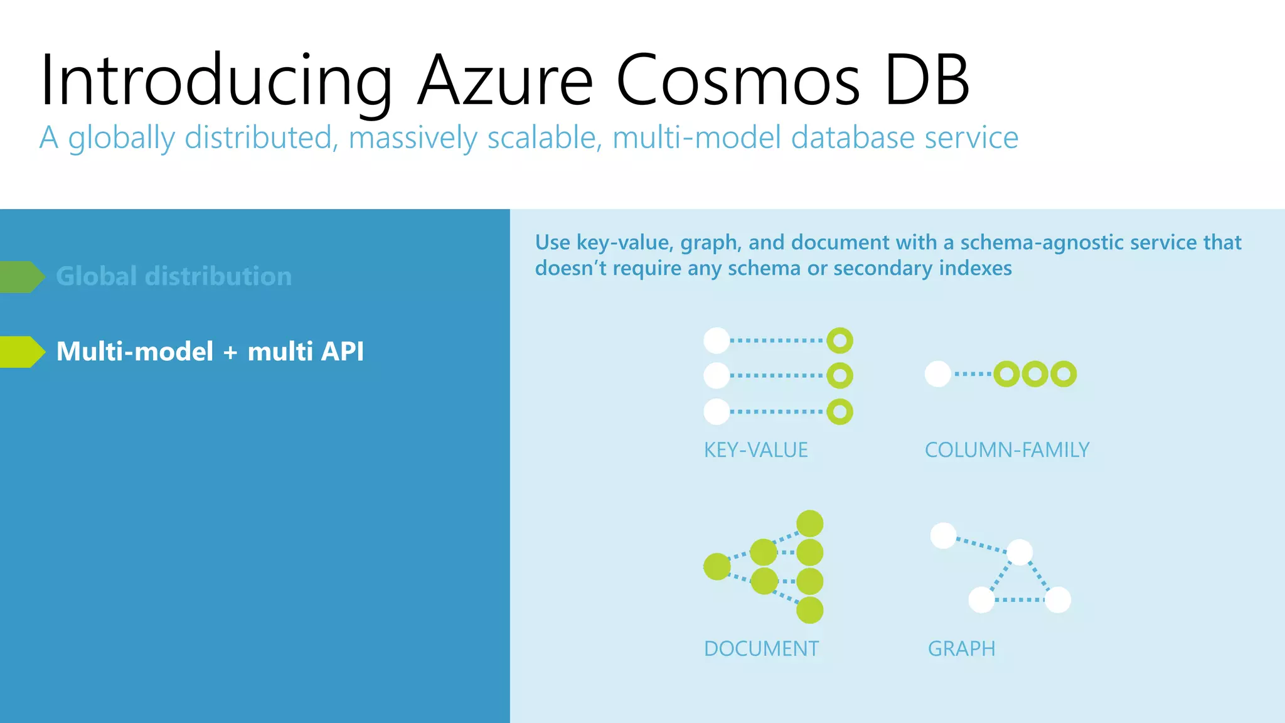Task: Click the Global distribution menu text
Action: point(174,277)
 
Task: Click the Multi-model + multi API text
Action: point(210,351)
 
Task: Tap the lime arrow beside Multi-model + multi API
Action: point(21,351)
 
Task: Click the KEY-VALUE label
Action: point(755,450)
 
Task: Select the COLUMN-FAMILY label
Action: point(1006,450)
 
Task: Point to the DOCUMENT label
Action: point(761,648)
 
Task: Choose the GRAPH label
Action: point(961,648)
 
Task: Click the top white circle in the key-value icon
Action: point(717,340)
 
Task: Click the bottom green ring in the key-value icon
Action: point(840,412)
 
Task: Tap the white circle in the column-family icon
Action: point(937,374)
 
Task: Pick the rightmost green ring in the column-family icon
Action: point(1064,374)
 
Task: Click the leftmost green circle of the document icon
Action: point(717,567)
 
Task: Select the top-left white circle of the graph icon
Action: point(943,535)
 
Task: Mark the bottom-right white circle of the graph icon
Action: point(1058,599)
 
